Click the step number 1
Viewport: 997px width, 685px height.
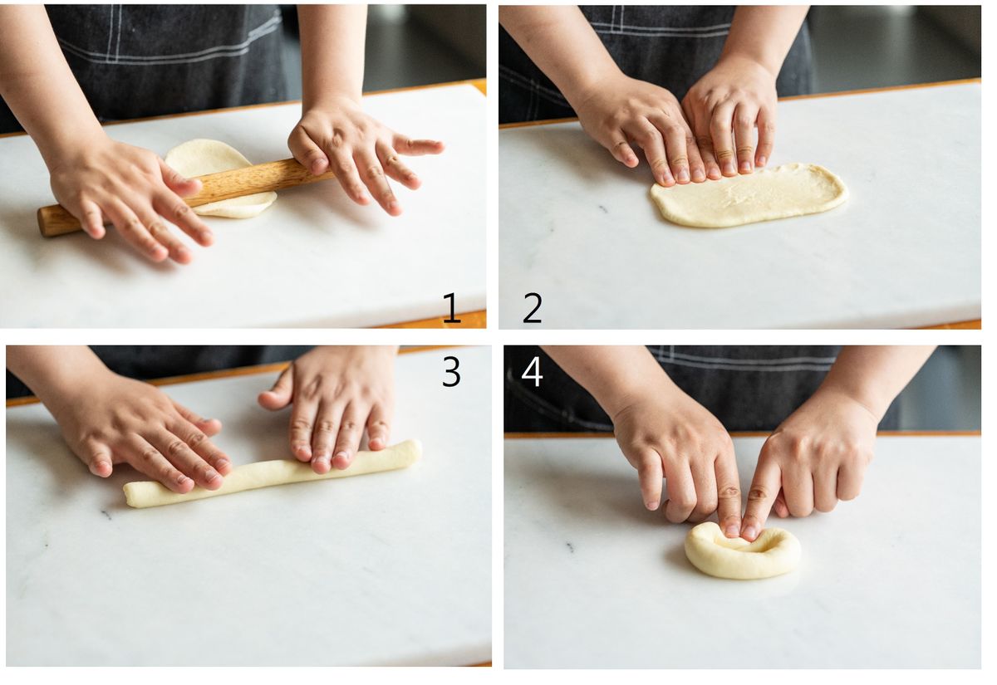pyautogui.click(x=451, y=308)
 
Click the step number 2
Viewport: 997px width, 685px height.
pyautogui.click(x=532, y=308)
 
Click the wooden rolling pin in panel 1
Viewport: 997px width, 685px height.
pyautogui.click(x=187, y=196)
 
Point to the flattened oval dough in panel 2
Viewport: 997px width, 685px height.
pyautogui.click(x=749, y=195)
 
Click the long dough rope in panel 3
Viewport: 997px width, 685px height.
pyautogui.click(x=273, y=473)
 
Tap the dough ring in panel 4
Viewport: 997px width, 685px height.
pyautogui.click(x=743, y=551)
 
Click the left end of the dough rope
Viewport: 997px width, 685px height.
pyautogui.click(x=129, y=496)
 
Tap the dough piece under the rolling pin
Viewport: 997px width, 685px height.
pyautogui.click(x=221, y=179)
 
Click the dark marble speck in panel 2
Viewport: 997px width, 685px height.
pyautogui.click(x=603, y=208)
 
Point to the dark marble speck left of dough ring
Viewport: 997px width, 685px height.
pyautogui.click(x=570, y=546)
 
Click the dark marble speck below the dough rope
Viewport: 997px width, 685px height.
pyautogui.click(x=106, y=515)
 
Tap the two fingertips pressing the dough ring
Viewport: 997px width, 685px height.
pyautogui.click(x=741, y=531)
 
